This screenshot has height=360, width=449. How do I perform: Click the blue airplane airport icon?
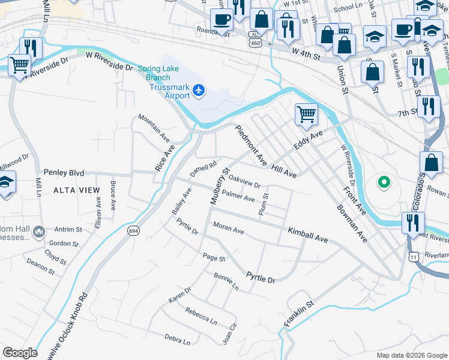click(199, 91)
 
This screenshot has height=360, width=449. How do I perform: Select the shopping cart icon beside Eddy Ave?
click(306, 113)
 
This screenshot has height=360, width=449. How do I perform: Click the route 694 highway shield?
click(133, 230)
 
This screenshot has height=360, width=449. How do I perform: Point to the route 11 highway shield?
click(414, 256)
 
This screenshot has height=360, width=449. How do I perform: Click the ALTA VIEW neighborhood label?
click(76, 190)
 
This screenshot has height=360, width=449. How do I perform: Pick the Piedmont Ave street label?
click(251, 146)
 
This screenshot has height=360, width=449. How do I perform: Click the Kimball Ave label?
click(307, 235)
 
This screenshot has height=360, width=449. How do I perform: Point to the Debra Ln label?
click(177, 340)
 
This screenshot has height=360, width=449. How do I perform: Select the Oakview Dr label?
click(245, 182)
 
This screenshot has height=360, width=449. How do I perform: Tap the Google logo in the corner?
click(20, 352)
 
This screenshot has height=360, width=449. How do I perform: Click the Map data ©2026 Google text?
click(411, 355)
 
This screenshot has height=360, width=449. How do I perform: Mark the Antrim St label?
click(67, 229)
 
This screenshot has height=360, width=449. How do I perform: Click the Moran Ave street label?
click(229, 229)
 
